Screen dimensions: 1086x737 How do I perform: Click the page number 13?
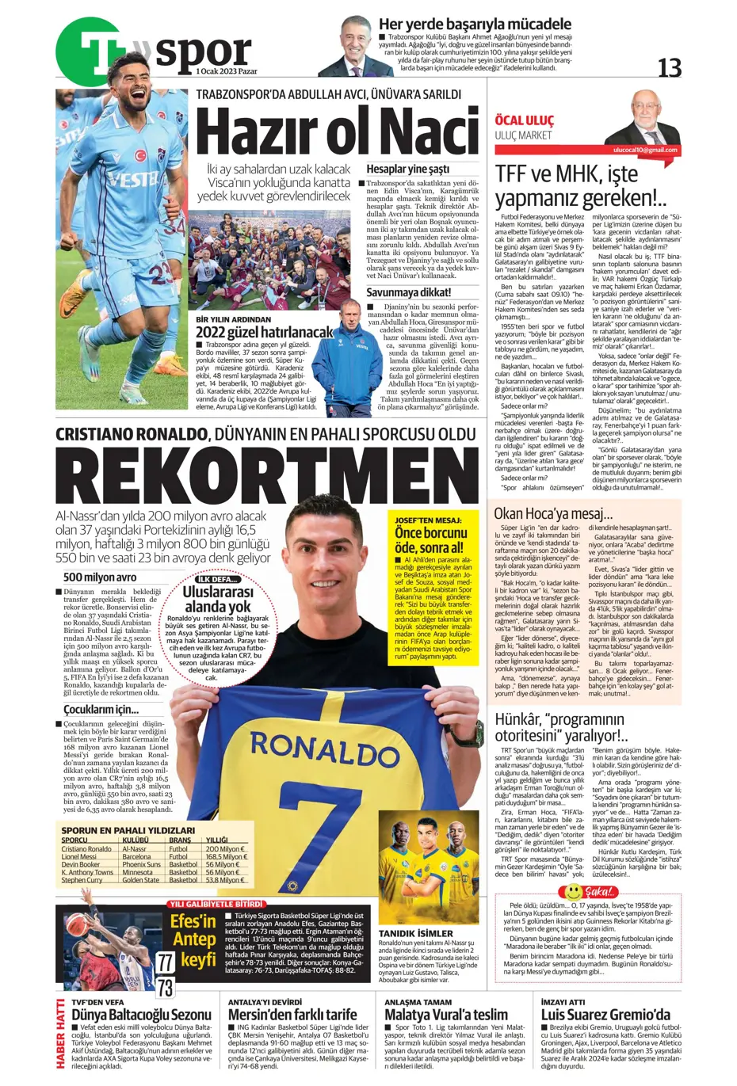(x=669, y=69)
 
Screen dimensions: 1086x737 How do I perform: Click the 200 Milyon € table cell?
(x=225, y=848)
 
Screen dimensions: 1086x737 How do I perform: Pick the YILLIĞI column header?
(x=216, y=840)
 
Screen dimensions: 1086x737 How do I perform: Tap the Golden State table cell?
(x=140, y=880)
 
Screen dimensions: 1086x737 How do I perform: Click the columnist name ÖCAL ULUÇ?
(x=524, y=120)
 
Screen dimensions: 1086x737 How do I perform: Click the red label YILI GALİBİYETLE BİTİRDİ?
(x=216, y=904)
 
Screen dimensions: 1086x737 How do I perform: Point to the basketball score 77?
(x=165, y=962)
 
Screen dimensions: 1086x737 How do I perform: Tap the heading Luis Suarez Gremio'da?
(x=605, y=1015)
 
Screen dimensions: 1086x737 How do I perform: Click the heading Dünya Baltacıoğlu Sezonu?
(x=141, y=1015)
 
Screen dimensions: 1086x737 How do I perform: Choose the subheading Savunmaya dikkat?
(x=408, y=292)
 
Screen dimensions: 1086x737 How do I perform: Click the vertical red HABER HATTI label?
(x=61, y=1035)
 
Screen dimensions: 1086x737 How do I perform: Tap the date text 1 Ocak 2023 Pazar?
(x=227, y=71)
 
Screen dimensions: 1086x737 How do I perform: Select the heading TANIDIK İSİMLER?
(x=415, y=933)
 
